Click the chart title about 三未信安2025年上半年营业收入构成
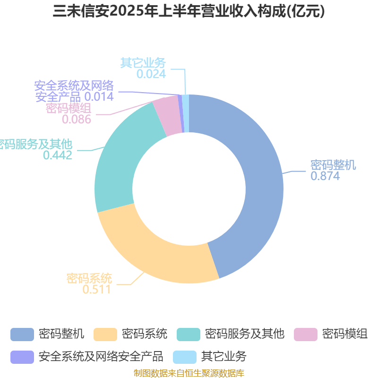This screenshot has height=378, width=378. [189, 11]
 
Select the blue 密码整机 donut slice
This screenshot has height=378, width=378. [260, 183]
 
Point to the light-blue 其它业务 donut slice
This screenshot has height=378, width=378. [186, 113]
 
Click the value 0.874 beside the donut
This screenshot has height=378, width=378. [325, 176]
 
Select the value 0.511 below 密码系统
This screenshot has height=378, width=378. [97, 289]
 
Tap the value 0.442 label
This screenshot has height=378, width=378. [58, 155]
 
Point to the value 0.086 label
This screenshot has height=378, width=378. [77, 119]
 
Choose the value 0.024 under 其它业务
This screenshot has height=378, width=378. [151, 74]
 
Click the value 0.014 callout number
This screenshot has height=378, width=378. [99, 97]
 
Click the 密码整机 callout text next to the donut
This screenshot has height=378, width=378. [333, 165]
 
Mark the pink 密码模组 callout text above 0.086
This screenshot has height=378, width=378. [69, 108]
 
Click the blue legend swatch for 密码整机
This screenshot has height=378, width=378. [22, 335]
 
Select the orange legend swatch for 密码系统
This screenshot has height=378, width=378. [105, 335]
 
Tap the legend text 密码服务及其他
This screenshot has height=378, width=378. [245, 334]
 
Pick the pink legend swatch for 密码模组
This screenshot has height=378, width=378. [306, 335]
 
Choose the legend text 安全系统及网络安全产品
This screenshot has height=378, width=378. [101, 357]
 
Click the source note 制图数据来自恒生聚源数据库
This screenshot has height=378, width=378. [189, 373]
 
